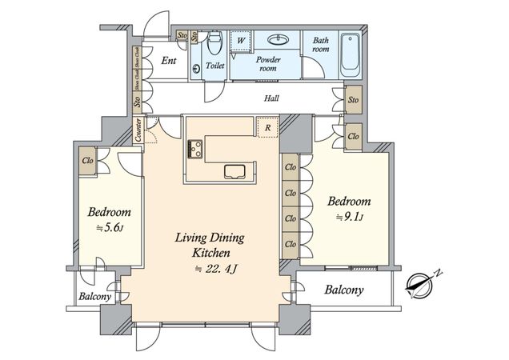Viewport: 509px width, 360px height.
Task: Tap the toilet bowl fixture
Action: [214, 43]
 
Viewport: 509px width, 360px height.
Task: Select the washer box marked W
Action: [240, 39]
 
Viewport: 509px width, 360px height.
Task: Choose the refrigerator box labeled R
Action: [266, 126]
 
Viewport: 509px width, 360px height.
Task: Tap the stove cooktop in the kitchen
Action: [196, 148]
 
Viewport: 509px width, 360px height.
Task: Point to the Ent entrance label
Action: [170, 61]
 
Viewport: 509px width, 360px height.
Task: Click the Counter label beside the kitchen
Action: [139, 130]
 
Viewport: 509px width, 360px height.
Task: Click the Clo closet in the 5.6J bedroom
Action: [86, 159]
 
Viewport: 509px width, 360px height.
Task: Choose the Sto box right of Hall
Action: [353, 101]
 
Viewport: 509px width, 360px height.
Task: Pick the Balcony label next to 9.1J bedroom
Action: [345, 290]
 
